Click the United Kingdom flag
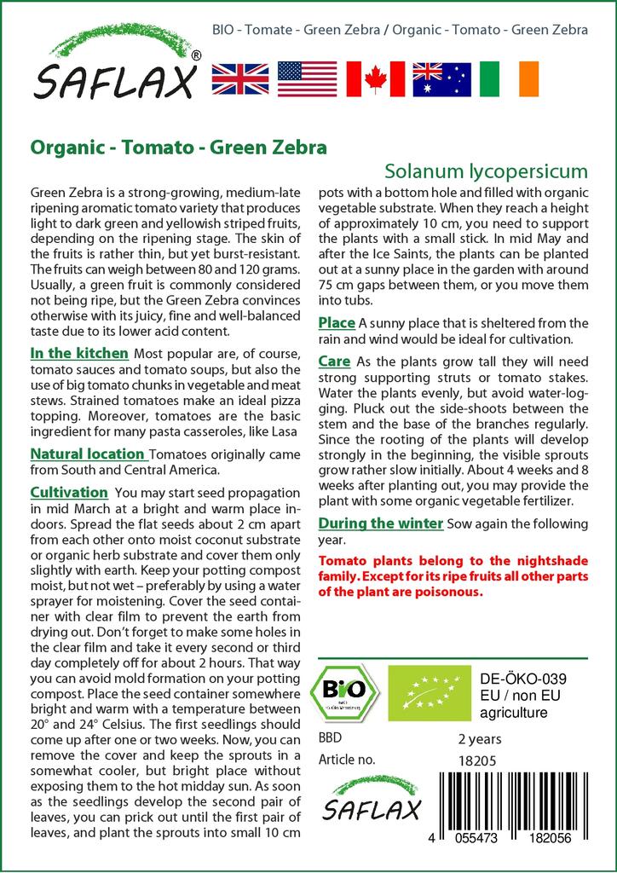coord(239,78)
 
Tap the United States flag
coord(307,78)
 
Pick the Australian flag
coord(441,78)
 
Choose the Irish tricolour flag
coord(509,78)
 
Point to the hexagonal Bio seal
coord(346,690)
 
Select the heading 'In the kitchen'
coord(79,353)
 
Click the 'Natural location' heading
coord(89,454)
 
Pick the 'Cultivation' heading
coord(69,493)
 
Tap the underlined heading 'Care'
coord(334,361)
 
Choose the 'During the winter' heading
coord(380,523)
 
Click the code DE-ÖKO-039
coord(518,679)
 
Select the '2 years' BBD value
coord(480,739)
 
